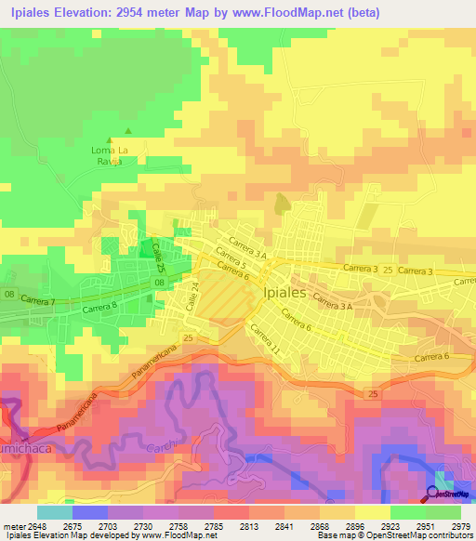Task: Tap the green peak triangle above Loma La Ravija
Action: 129,132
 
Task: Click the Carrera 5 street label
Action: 230,256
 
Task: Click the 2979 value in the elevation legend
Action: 456,524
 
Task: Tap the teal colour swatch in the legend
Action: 55,511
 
